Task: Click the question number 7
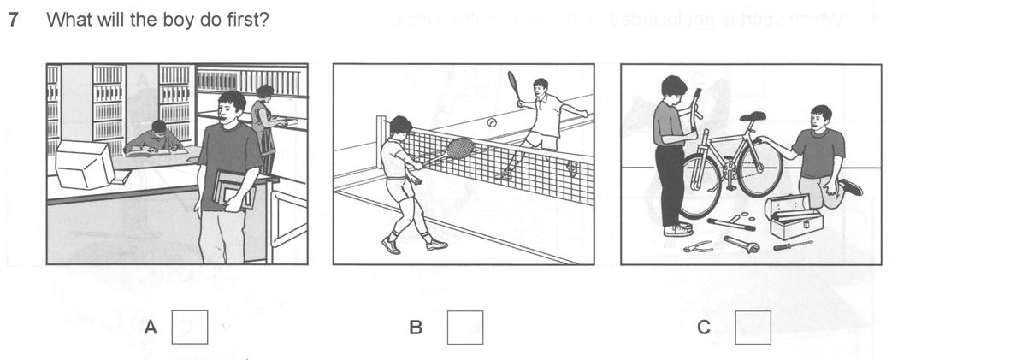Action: pos(13,20)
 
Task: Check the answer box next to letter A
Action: pos(190,327)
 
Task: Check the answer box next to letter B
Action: pos(464,327)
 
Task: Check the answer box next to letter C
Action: pos(753,327)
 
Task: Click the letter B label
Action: pos(415,328)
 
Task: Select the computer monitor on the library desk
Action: pos(84,163)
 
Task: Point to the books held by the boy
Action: pos(233,189)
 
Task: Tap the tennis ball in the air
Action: pos(492,122)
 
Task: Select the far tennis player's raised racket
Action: pos(514,86)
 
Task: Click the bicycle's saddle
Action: pos(753,117)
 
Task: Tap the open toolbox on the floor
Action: pos(793,216)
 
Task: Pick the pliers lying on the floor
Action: pos(699,246)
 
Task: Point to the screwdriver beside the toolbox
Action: pos(793,245)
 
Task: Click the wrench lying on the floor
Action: pos(741,244)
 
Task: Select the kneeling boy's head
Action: pos(821,117)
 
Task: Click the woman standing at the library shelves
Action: pos(266,124)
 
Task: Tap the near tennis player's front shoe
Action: pos(436,245)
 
